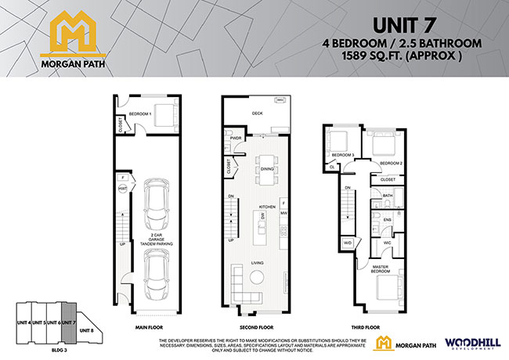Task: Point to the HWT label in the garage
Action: coord(123,189)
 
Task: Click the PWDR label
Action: coord(236,139)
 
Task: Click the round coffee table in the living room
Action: coord(257,279)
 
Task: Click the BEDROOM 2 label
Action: coord(391,163)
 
